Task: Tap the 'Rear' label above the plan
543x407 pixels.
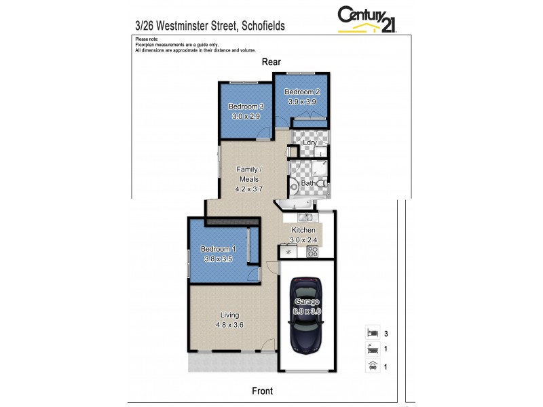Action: (272, 62)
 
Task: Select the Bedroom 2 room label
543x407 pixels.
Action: (301, 92)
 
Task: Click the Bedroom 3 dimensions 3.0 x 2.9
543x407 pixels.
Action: (246, 117)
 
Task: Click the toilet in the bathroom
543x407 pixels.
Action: (322, 184)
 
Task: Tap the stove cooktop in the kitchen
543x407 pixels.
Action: (313, 252)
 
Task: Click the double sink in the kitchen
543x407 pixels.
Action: (305, 217)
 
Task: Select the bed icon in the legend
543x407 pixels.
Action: (371, 334)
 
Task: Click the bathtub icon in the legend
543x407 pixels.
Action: (371, 350)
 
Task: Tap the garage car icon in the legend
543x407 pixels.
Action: (371, 366)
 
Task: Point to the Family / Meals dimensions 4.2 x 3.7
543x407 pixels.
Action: (246, 189)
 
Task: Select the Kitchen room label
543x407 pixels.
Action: (303, 231)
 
